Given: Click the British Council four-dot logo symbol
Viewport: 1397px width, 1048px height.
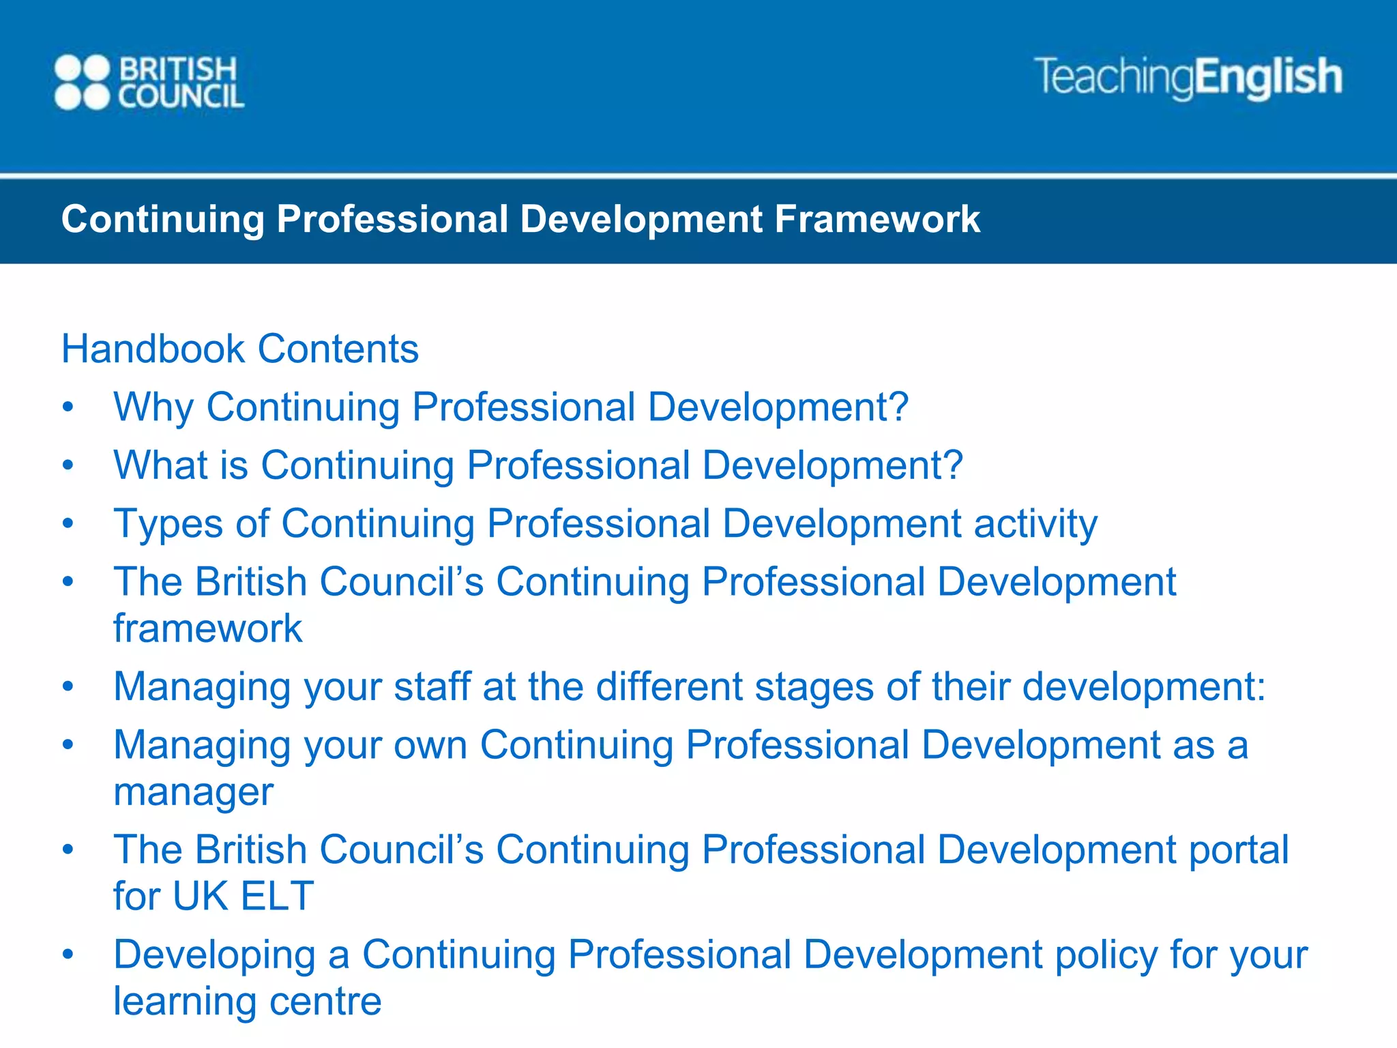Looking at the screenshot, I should pyautogui.click(x=82, y=83).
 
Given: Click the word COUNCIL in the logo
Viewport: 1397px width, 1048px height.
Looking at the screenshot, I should pyautogui.click(x=181, y=97).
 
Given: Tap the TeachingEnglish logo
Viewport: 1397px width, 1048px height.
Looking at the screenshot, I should pyautogui.click(x=1188, y=76).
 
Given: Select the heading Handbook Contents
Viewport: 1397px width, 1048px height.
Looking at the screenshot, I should pyautogui.click(x=239, y=349).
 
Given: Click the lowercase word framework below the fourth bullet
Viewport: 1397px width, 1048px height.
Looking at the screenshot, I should pyautogui.click(x=207, y=628).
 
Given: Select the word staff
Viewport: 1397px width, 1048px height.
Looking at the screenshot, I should pyautogui.click(x=432, y=686).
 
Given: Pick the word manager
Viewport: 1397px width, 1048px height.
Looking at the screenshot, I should pyautogui.click(x=193, y=792).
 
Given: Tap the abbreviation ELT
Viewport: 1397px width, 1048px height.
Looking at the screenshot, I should pyautogui.click(x=277, y=896).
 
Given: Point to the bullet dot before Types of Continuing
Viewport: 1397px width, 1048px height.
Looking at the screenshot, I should pyautogui.click(x=68, y=524).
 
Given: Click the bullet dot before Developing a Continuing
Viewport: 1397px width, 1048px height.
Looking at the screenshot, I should pyautogui.click(x=68, y=954).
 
